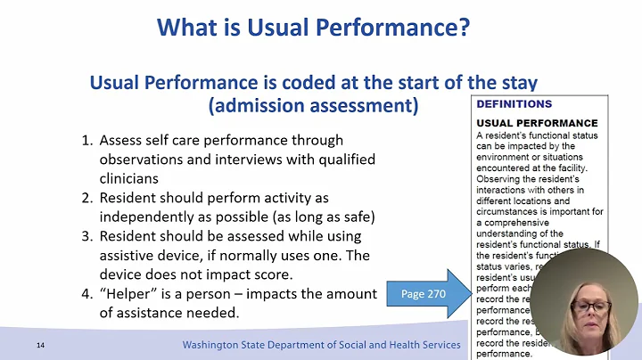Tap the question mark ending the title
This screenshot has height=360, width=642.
click(x=464, y=27)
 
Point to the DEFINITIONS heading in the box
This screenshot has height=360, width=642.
click(x=514, y=104)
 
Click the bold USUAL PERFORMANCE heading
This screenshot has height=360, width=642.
click(x=537, y=122)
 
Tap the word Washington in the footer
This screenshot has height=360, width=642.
click(x=214, y=345)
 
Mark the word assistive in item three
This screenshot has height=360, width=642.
click(x=128, y=255)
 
